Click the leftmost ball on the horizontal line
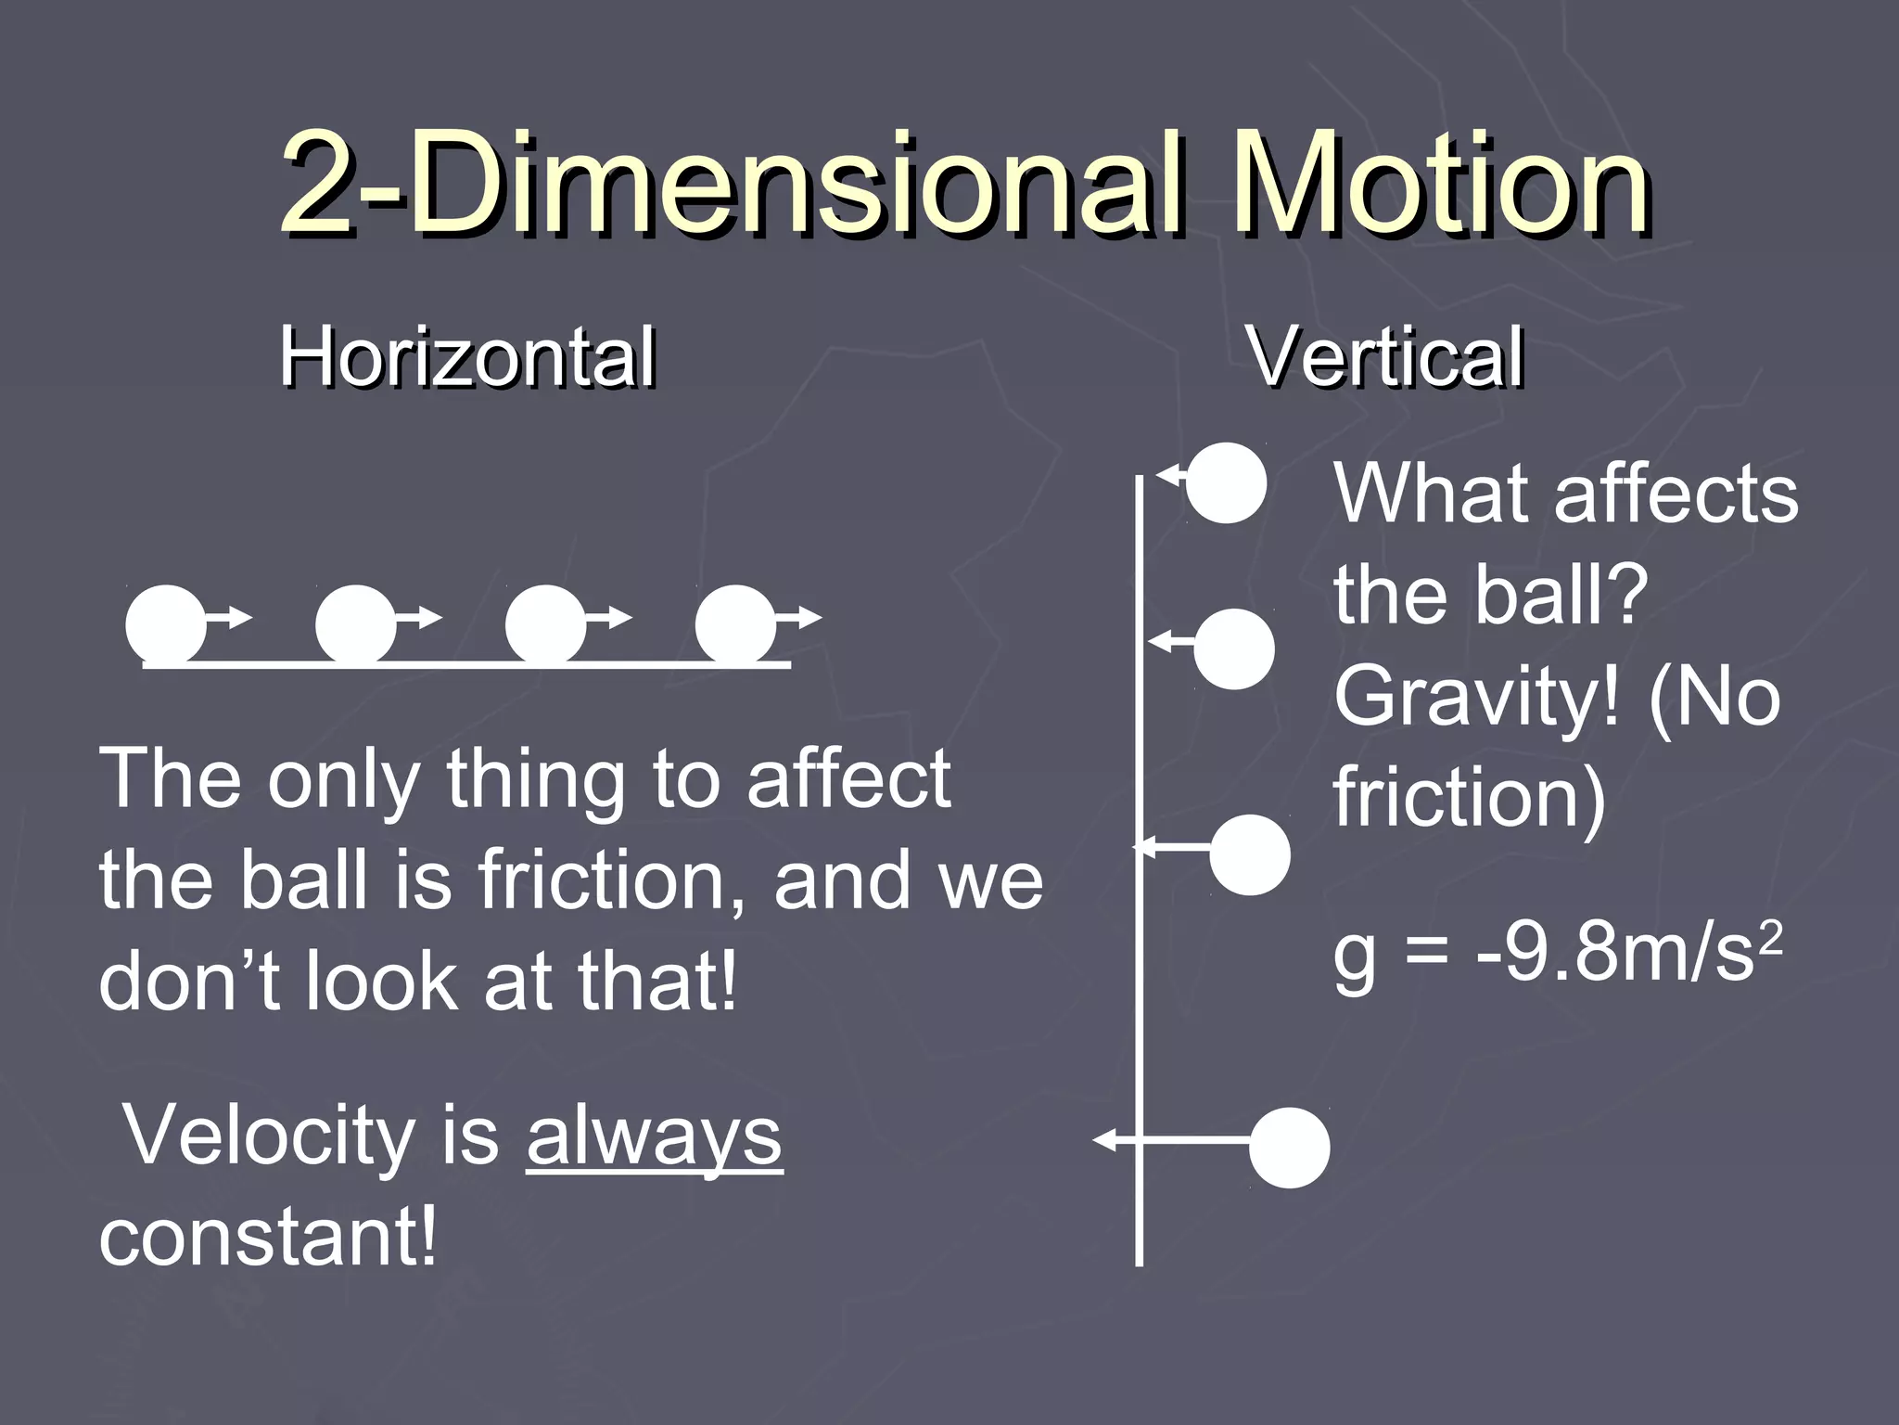[x=166, y=625]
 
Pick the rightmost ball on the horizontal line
[x=735, y=625]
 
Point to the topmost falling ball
[x=1226, y=483]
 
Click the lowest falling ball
[x=1289, y=1148]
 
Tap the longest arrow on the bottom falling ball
[x=1173, y=1140]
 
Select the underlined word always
[x=654, y=1137]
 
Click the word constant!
[x=267, y=1238]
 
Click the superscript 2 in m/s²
[x=1770, y=937]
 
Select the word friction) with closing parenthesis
[x=1469, y=797]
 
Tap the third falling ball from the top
[x=1250, y=854]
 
